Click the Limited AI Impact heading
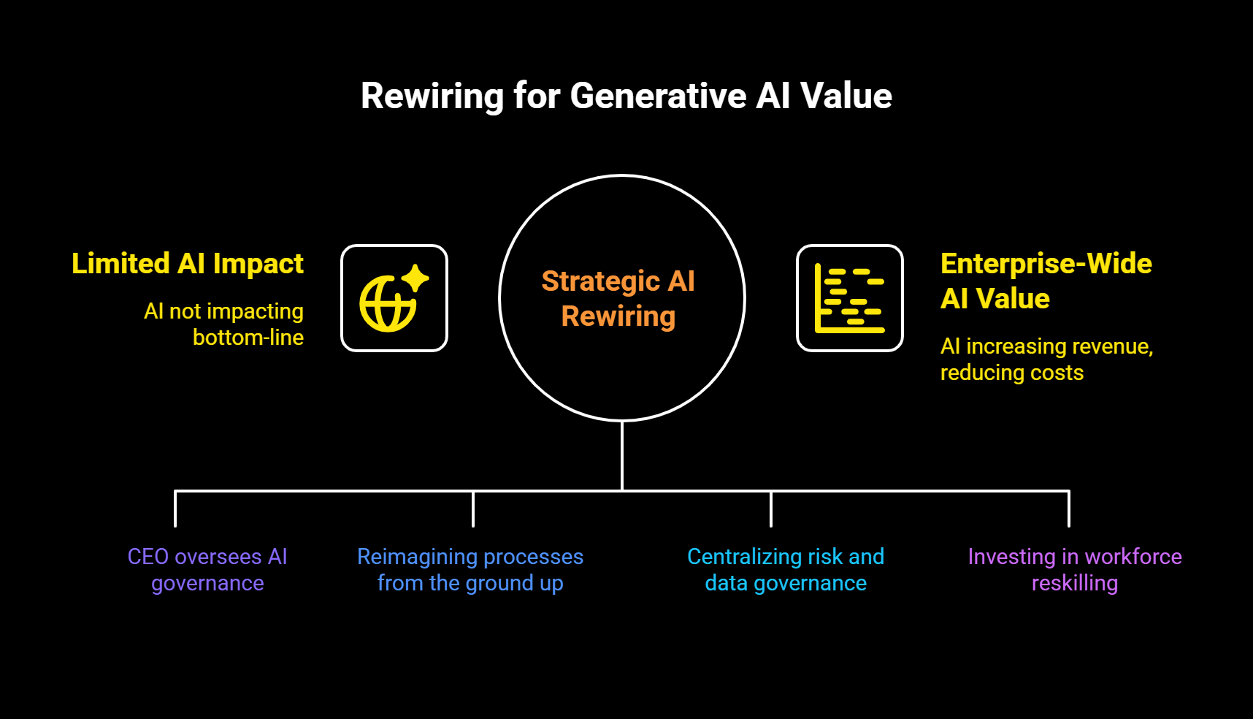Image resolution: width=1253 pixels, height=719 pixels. (x=188, y=264)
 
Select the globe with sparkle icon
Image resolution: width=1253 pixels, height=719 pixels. (x=394, y=298)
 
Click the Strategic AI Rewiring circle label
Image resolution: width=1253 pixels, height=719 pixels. (x=618, y=299)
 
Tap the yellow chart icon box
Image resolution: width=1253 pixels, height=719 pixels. (x=849, y=298)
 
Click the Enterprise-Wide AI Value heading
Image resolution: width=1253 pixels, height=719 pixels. (x=1045, y=281)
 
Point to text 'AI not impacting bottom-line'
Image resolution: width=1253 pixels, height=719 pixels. (x=225, y=324)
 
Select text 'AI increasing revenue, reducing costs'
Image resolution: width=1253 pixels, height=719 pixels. (x=1046, y=359)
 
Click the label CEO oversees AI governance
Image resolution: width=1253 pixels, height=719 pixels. (x=207, y=570)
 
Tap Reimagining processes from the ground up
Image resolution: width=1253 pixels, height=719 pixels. (x=470, y=570)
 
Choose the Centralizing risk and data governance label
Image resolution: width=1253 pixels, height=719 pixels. (x=786, y=570)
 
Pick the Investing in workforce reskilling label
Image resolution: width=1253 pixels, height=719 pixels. (x=1075, y=570)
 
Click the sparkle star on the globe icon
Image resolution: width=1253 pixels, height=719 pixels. (x=415, y=278)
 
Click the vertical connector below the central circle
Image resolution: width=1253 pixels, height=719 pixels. (x=622, y=454)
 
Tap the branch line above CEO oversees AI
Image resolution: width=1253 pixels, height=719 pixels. (x=175, y=509)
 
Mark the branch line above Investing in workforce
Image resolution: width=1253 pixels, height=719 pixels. (x=1069, y=509)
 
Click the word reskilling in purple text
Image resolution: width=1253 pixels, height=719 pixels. (x=1075, y=583)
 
